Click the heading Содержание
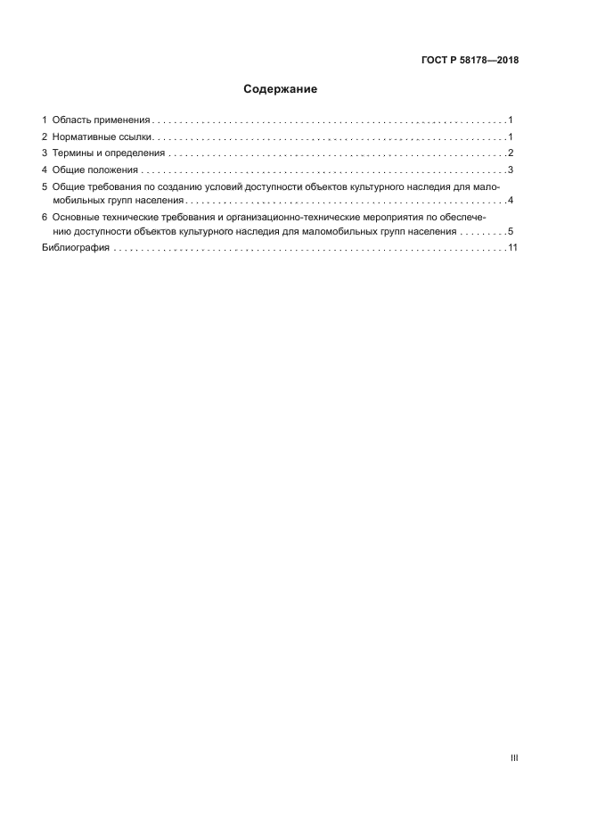point(281,89)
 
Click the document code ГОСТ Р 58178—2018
point(470,61)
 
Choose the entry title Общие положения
point(95,169)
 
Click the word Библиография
point(76,249)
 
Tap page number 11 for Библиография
point(512,249)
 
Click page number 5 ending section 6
point(511,231)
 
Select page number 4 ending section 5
point(511,199)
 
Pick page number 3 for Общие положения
point(511,169)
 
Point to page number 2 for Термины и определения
point(511,153)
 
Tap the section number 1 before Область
point(45,120)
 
